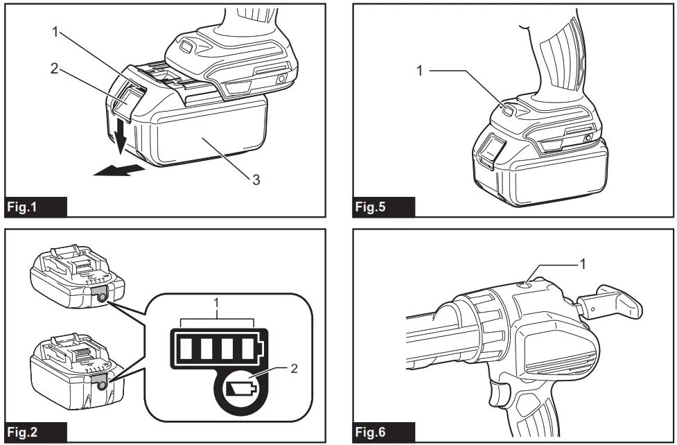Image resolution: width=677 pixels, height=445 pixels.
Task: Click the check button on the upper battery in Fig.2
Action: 103,297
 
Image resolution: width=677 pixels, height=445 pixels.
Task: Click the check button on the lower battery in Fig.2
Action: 102,383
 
